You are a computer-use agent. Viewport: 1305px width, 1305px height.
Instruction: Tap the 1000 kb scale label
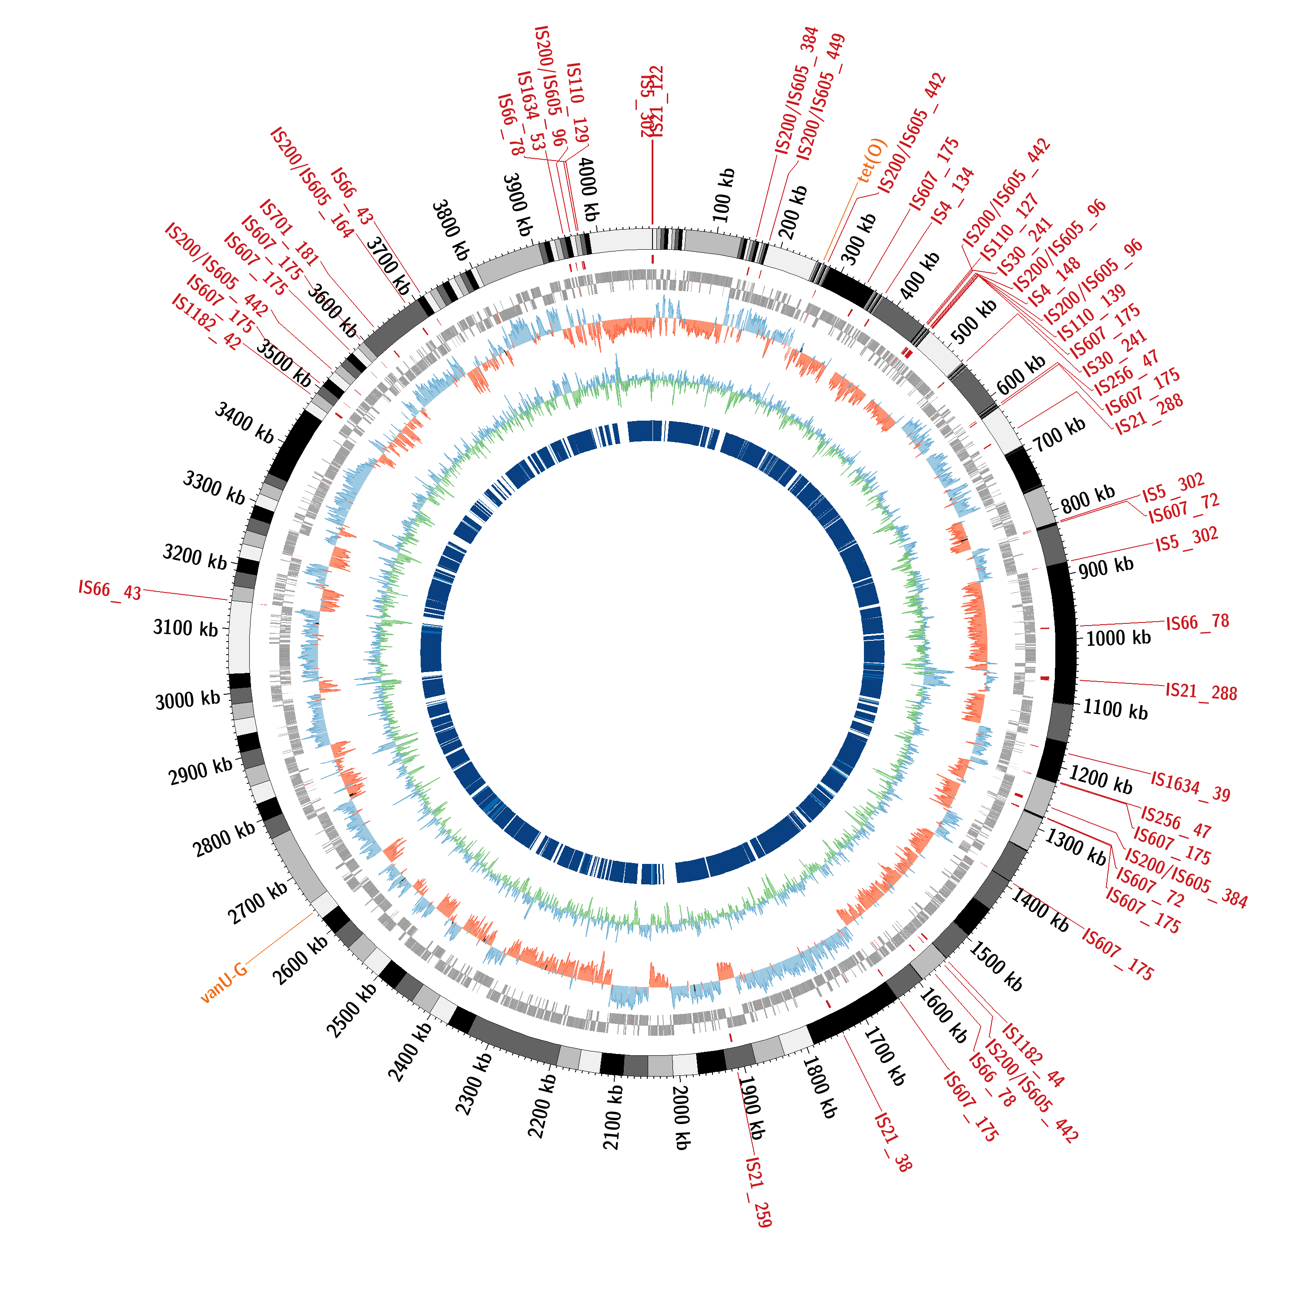1118,638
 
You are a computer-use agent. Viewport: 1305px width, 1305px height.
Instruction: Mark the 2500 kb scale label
351,1010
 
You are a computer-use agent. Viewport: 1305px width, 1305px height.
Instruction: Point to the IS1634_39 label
1190,787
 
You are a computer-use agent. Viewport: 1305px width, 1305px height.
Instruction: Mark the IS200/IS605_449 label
821,97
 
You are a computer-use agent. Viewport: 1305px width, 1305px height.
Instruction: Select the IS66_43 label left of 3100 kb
110,590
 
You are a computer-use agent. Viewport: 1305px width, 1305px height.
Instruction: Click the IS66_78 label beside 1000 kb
1197,622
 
